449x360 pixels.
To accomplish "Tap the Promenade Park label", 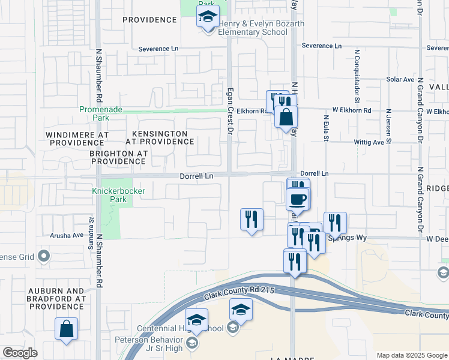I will pyautogui.click(x=101, y=113).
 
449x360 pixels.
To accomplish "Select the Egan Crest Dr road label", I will pyautogui.click(x=229, y=106).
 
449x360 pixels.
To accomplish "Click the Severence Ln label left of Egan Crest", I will pyautogui.click(x=158, y=49).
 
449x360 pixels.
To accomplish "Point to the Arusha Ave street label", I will pyautogui.click(x=67, y=235).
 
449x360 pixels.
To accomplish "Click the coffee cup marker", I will pyautogui.click(x=298, y=199).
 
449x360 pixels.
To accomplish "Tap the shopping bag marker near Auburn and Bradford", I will pyautogui.click(x=67, y=329).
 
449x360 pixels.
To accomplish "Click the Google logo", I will pyautogui.click(x=20, y=353).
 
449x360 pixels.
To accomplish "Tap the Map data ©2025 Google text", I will pyautogui.click(x=411, y=355).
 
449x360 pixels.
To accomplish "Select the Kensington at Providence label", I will pyautogui.click(x=160, y=137).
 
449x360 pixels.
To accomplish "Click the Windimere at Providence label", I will pyautogui.click(x=79, y=138).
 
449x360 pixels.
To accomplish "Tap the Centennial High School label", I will pyautogui.click(x=180, y=328).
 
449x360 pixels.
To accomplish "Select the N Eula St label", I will pyautogui.click(x=327, y=129).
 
